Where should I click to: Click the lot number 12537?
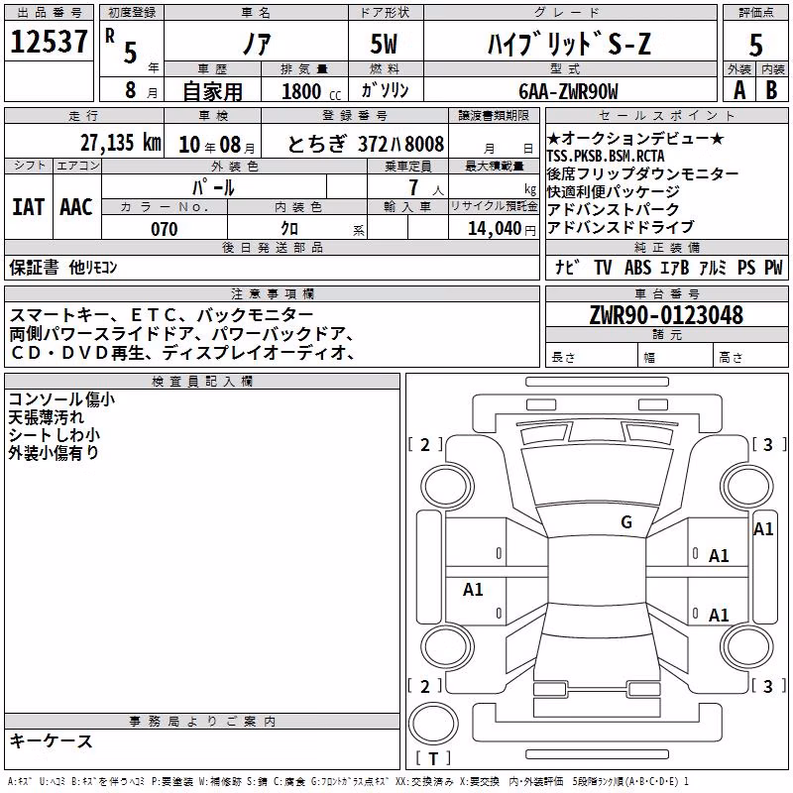[x=49, y=41]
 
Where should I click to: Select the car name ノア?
[x=257, y=44]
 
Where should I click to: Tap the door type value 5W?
[x=384, y=44]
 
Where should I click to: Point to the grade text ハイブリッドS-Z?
[x=568, y=44]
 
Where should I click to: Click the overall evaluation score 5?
[x=755, y=45]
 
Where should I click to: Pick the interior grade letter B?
[x=772, y=90]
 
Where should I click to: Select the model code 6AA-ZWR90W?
[x=568, y=91]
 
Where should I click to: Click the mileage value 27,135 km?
[x=120, y=143]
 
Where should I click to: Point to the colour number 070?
[x=165, y=229]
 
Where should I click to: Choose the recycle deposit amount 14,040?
[x=495, y=229]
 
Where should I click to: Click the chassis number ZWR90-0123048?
[x=666, y=315]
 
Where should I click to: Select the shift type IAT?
[x=29, y=207]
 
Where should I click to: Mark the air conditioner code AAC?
[x=76, y=207]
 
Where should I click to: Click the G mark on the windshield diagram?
[x=626, y=522]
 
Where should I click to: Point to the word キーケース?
[x=51, y=740]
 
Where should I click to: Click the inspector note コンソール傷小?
[x=61, y=399]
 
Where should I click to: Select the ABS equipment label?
[x=637, y=267]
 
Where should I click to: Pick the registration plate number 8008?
[x=424, y=144]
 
